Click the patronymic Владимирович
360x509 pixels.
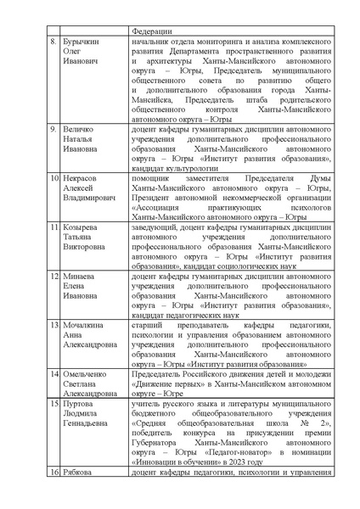pyautogui.click(x=90, y=201)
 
